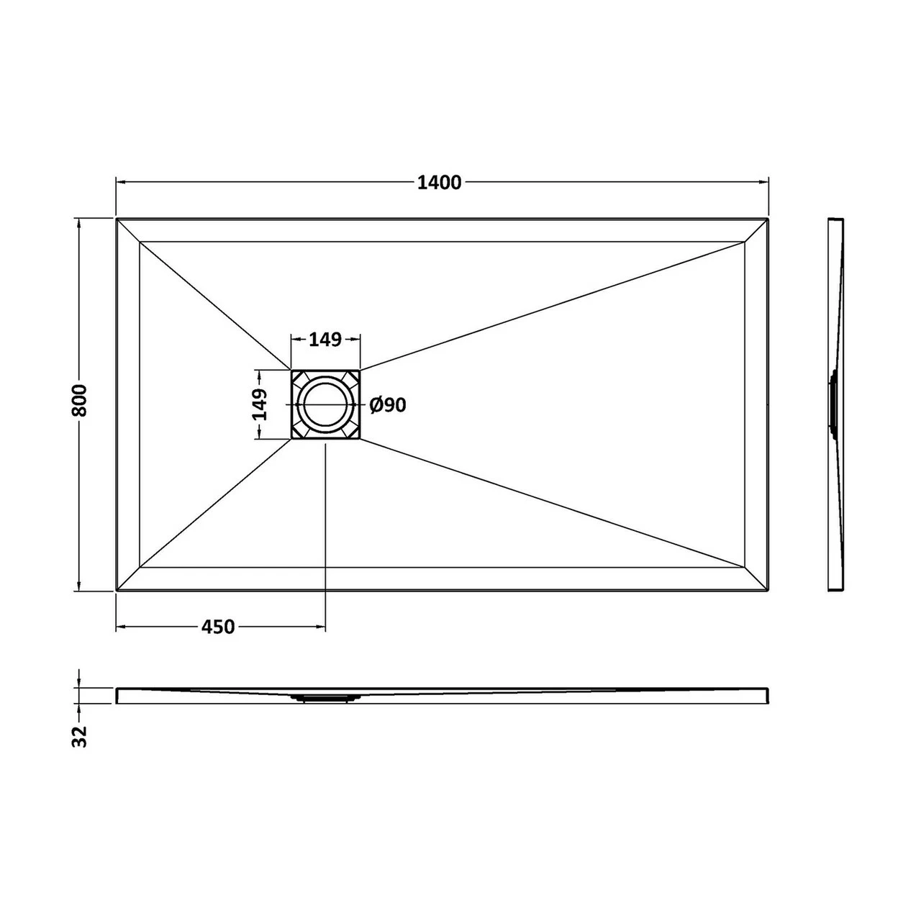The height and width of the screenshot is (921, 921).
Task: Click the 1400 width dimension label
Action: point(439,183)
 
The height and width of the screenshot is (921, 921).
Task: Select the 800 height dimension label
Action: point(79,400)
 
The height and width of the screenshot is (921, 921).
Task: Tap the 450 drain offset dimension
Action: point(217,627)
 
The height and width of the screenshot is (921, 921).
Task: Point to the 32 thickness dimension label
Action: point(79,735)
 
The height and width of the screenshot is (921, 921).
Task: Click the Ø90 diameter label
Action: point(388,406)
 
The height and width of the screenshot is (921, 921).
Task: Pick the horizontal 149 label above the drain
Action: point(325,339)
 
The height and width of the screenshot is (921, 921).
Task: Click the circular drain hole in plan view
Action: point(325,405)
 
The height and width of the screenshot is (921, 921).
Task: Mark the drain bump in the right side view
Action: point(833,404)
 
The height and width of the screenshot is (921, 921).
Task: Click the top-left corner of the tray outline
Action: point(117,218)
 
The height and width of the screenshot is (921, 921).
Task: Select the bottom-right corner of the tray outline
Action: point(769,591)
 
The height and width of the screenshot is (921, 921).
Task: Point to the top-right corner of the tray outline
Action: point(769,218)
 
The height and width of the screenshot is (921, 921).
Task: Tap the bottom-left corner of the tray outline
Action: point(117,591)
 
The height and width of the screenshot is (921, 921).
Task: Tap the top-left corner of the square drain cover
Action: point(291,371)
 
